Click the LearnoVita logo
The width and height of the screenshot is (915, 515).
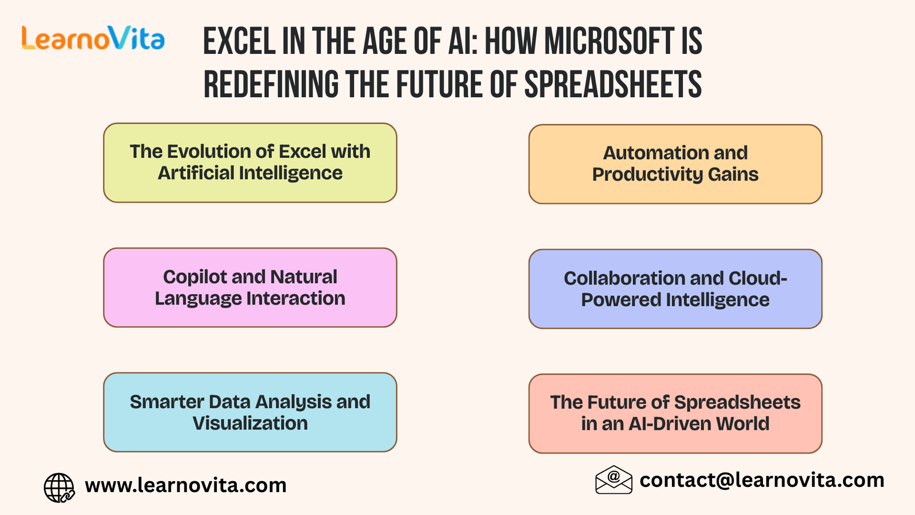(x=93, y=38)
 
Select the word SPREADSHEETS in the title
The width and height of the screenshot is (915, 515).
(x=612, y=84)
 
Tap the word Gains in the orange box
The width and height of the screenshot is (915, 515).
(x=733, y=175)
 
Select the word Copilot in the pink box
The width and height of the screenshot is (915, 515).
(x=194, y=278)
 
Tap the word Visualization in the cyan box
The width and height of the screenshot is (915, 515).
(x=250, y=423)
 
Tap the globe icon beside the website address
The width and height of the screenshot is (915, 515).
(x=59, y=488)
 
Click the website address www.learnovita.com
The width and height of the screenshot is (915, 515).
(x=186, y=486)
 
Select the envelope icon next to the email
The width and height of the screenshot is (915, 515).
(x=614, y=480)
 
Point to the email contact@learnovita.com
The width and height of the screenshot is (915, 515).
(x=762, y=480)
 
